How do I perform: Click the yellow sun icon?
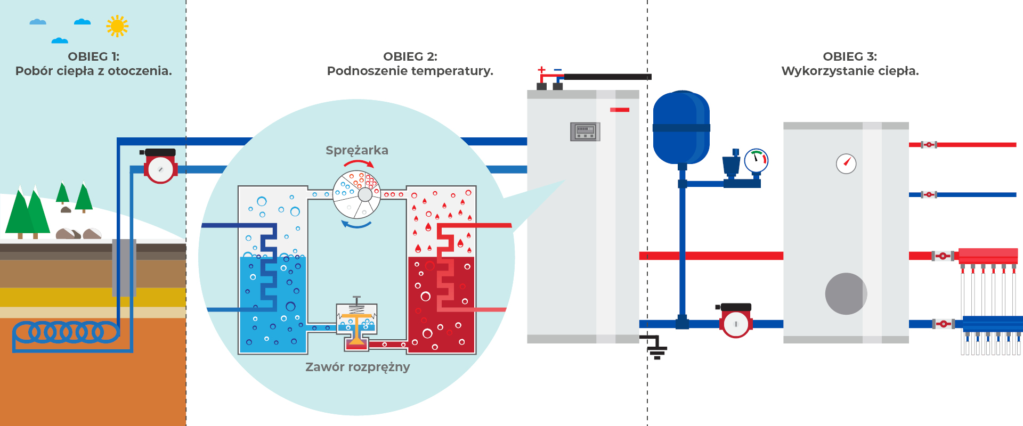[117, 26]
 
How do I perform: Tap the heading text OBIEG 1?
[94, 56]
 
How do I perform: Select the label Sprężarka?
[357, 151]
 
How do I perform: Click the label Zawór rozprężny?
[358, 367]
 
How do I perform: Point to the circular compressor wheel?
[356, 194]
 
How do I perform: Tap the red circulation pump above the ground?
[160, 166]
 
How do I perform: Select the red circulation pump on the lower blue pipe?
[735, 321]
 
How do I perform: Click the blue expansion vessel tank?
[681, 128]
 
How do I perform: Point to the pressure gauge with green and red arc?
[756, 160]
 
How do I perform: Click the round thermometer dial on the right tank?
[846, 163]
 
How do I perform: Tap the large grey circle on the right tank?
[846, 294]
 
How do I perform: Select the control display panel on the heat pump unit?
[585, 131]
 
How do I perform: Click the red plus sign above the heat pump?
[542, 70]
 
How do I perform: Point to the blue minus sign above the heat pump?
[558, 70]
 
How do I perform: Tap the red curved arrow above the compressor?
[359, 163]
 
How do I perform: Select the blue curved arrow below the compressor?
[356, 224]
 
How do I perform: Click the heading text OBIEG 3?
[850, 56]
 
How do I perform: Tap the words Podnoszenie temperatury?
[410, 71]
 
